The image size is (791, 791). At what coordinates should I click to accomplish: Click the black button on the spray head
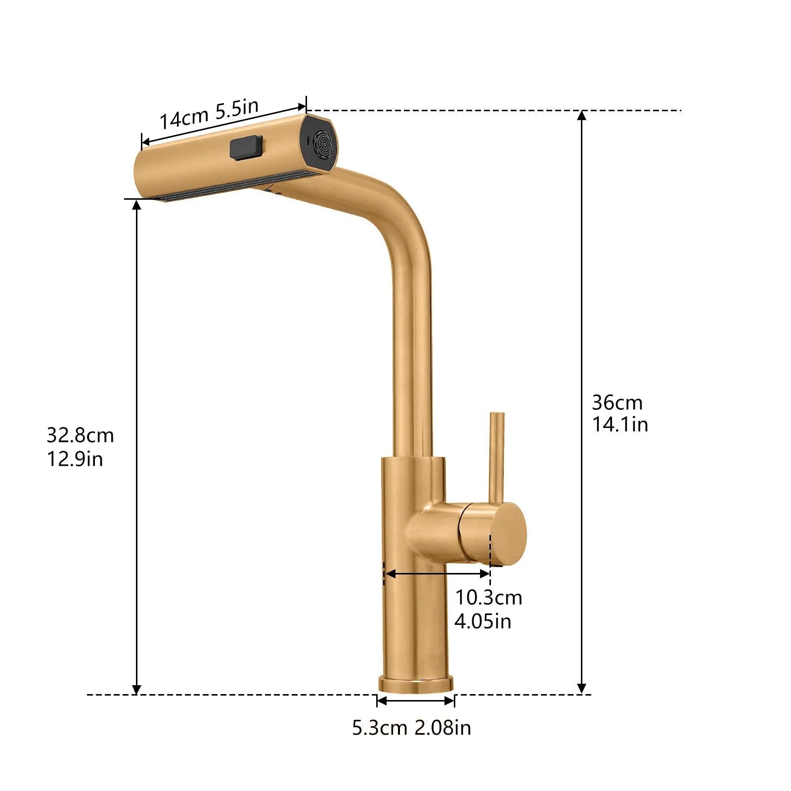[x=246, y=148]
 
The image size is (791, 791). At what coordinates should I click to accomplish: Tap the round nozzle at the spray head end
[x=324, y=144]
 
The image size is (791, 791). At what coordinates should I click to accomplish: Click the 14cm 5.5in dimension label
[x=209, y=114]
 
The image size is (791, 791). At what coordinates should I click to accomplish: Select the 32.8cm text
[x=80, y=436]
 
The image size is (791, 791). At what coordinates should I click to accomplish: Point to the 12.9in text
[x=75, y=459]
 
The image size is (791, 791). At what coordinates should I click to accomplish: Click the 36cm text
[x=617, y=403]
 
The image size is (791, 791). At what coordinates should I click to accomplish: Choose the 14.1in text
[x=620, y=425]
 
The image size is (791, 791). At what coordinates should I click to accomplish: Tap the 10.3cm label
[x=488, y=598]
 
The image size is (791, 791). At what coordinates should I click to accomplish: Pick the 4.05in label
[x=483, y=621]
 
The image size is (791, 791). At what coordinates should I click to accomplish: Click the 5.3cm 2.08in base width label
[x=411, y=728]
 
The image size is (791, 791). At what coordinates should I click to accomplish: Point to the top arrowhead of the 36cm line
[x=582, y=115]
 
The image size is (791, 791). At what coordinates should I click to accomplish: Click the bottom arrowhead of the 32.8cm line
[x=137, y=690]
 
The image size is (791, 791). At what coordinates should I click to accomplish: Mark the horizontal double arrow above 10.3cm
[x=437, y=573]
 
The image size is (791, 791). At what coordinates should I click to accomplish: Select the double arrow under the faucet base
[x=415, y=701]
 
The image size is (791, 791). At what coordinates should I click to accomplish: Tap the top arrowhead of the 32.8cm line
[x=137, y=204]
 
